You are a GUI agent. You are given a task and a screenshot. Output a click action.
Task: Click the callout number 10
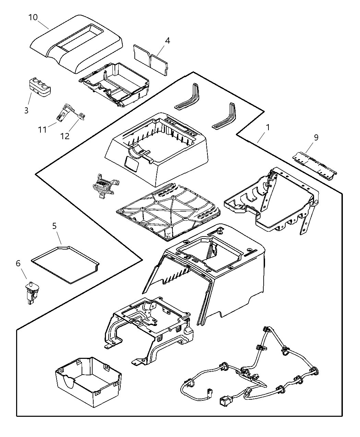coord(33,17)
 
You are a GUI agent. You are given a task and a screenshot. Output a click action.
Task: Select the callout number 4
coord(167,40)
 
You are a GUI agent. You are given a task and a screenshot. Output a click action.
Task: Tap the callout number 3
coord(26,110)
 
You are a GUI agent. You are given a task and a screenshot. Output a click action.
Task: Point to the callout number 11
coord(42,130)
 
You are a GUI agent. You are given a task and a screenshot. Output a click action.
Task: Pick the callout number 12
coord(65,136)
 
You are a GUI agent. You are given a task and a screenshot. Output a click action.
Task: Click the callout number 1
coord(268,127)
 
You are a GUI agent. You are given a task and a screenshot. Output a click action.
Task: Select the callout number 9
coord(316,137)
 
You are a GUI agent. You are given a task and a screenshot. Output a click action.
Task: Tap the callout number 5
coord(54,226)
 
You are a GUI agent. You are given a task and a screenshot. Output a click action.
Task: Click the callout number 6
coord(18,263)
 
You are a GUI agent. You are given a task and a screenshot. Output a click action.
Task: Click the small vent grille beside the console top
coord(104,185)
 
